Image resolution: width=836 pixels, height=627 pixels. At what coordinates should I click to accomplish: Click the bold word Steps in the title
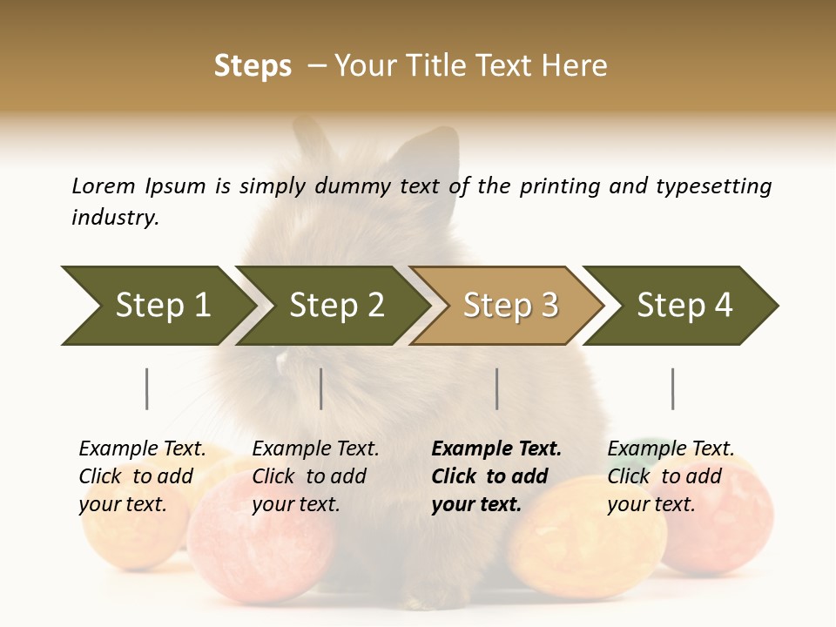point(253,66)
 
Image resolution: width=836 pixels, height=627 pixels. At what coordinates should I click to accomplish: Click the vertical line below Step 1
point(146,388)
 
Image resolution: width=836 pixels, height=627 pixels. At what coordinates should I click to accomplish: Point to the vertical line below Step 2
point(321,388)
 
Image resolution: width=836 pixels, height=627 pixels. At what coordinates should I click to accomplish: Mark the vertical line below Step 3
point(496,388)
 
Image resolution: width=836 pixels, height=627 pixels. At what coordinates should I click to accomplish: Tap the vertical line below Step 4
point(672,388)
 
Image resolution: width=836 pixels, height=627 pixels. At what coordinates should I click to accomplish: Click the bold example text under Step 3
point(496,476)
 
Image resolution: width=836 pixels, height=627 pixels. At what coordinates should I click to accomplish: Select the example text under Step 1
point(142,476)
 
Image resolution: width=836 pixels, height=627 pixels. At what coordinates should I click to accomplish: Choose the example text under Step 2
point(315,476)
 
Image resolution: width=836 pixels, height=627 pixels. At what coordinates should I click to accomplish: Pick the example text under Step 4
point(671,476)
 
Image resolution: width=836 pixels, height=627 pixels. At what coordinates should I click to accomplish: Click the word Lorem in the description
point(104,185)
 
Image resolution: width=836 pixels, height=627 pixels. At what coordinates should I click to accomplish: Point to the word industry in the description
point(114,217)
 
